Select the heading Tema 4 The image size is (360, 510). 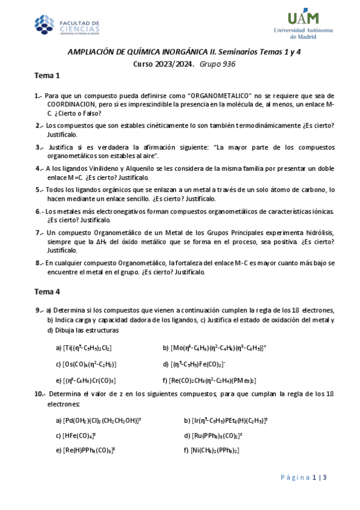pos(47,292)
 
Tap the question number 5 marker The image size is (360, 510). pos(38,189)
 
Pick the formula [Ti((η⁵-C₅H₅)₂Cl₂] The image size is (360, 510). pos(84,348)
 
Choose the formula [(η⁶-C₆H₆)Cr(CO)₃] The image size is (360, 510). pos(85,380)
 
